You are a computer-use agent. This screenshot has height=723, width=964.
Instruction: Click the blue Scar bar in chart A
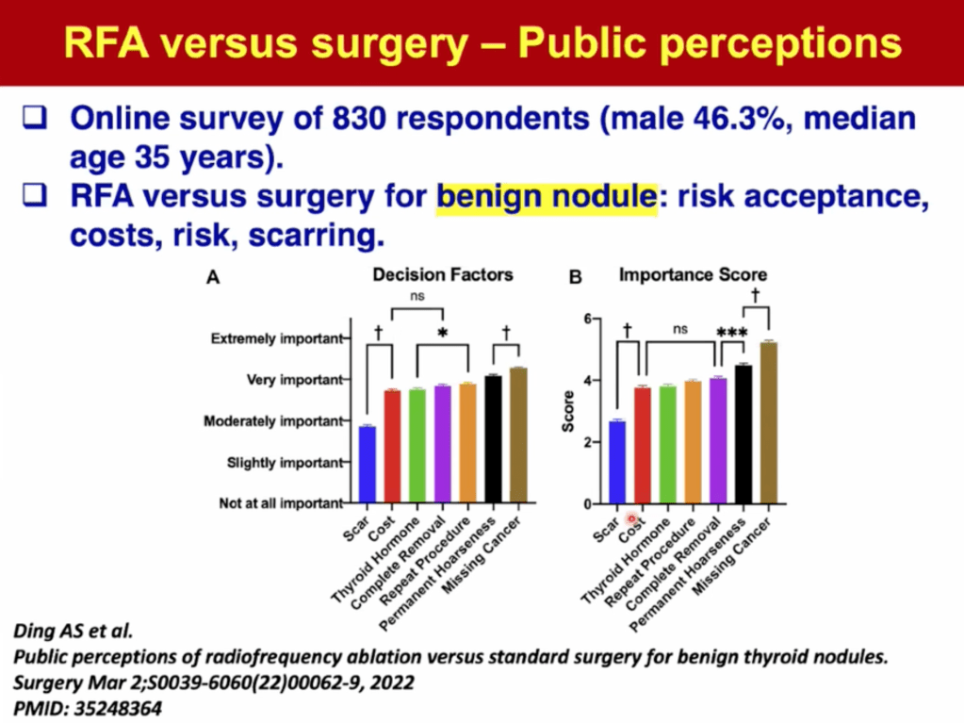367,465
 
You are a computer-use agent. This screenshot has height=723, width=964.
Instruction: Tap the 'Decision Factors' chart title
443,275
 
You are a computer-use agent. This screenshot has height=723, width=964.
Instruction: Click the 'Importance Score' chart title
693,275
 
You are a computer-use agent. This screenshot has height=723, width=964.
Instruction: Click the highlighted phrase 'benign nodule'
547,198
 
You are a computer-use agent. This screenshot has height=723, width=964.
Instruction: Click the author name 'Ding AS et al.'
61,630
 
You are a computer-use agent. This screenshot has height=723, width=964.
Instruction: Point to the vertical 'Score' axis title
568,411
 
